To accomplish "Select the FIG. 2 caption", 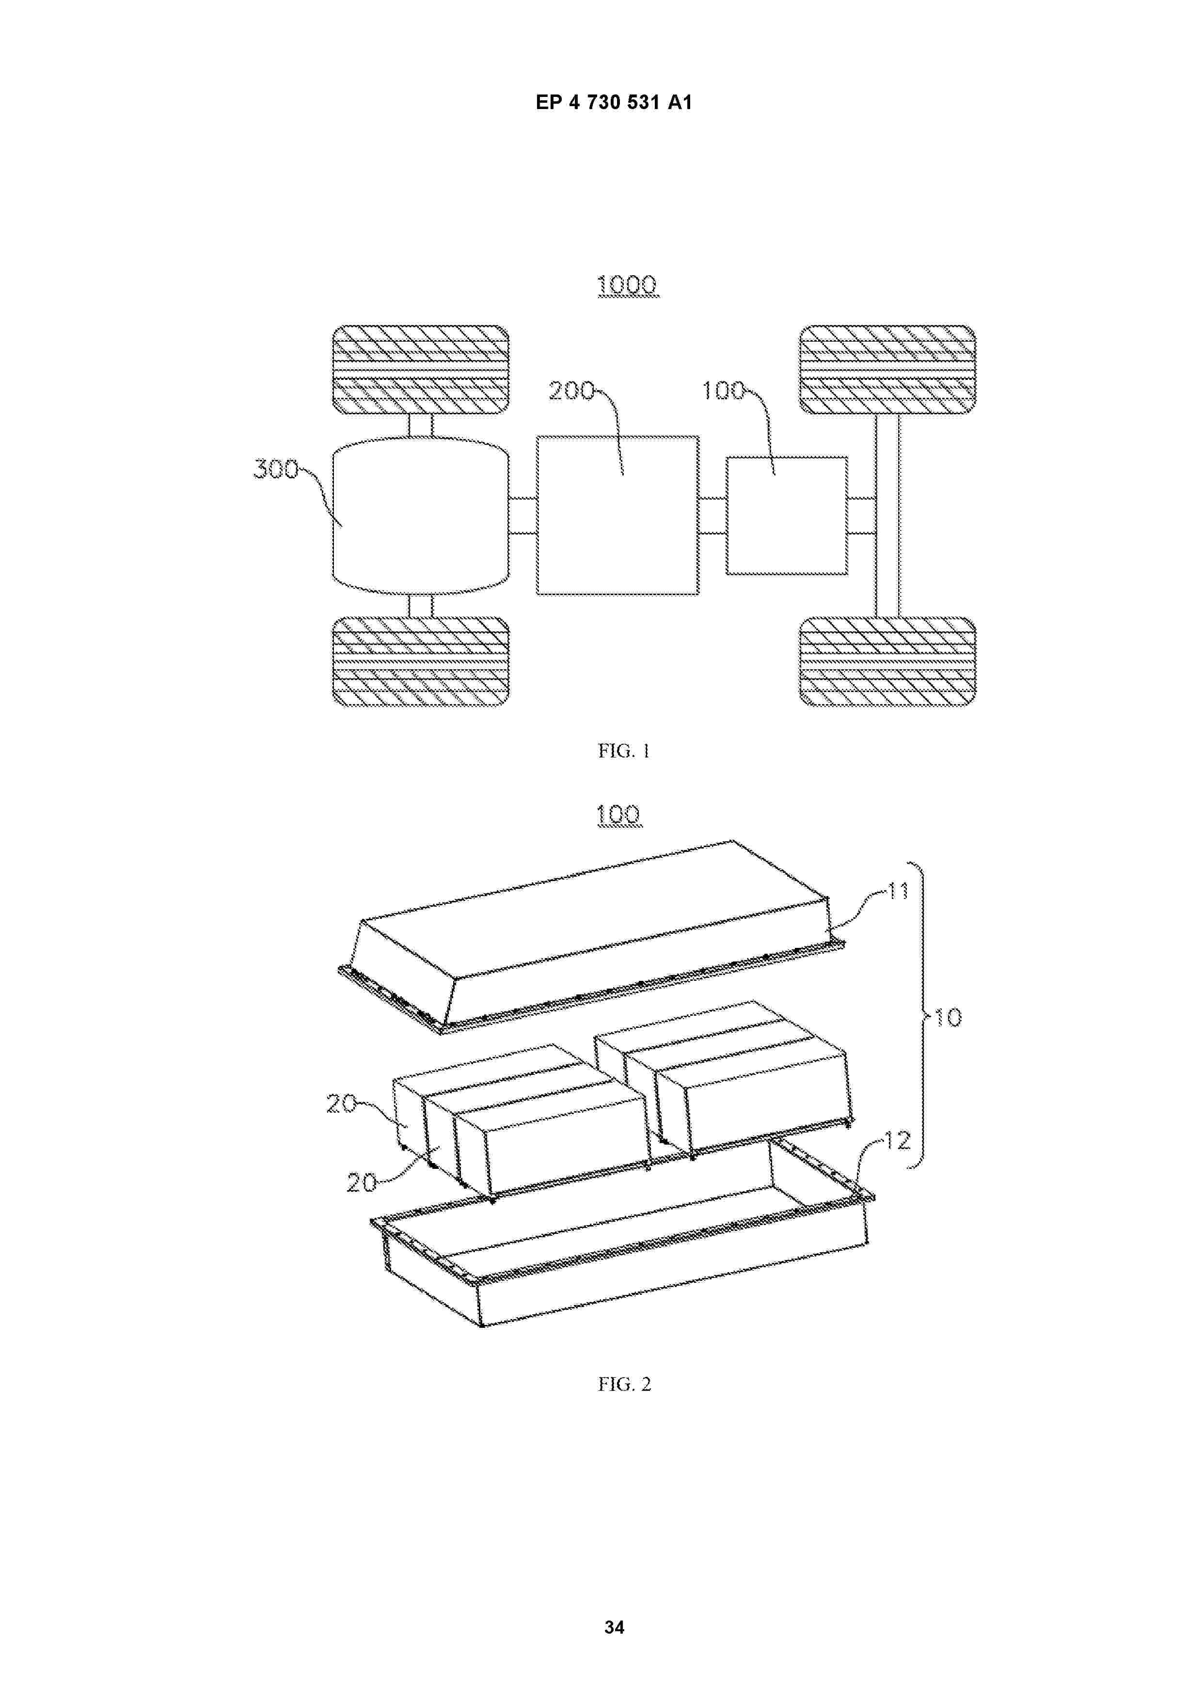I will pos(624,1384).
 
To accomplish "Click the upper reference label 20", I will pos(341,1104).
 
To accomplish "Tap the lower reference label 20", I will pos(362,1182).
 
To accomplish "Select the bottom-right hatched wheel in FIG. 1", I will pos(887,661).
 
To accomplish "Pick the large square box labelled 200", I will pos(617,515).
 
